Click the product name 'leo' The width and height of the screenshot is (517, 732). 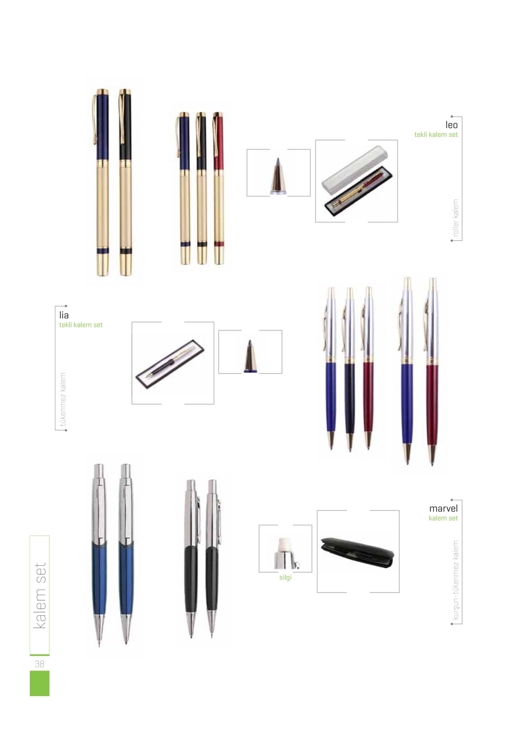[x=452, y=125]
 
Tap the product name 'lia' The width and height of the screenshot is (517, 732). [x=64, y=315]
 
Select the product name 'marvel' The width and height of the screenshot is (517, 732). [x=443, y=508]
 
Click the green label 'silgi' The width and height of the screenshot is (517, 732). [x=285, y=578]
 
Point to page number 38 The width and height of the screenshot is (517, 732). [x=40, y=664]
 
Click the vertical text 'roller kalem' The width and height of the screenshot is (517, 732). [x=456, y=218]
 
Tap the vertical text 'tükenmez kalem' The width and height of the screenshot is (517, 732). [x=63, y=400]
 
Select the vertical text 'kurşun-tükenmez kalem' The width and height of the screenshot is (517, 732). [x=456, y=580]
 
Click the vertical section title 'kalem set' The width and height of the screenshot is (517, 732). [x=40, y=596]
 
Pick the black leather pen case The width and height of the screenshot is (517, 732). [x=357, y=552]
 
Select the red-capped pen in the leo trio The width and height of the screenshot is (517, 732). [x=218, y=188]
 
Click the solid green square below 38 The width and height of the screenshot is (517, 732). [x=40, y=683]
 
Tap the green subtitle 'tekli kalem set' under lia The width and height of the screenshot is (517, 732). [x=81, y=325]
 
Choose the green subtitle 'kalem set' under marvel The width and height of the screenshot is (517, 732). [x=443, y=518]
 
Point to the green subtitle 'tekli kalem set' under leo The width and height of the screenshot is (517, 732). [x=436, y=135]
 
